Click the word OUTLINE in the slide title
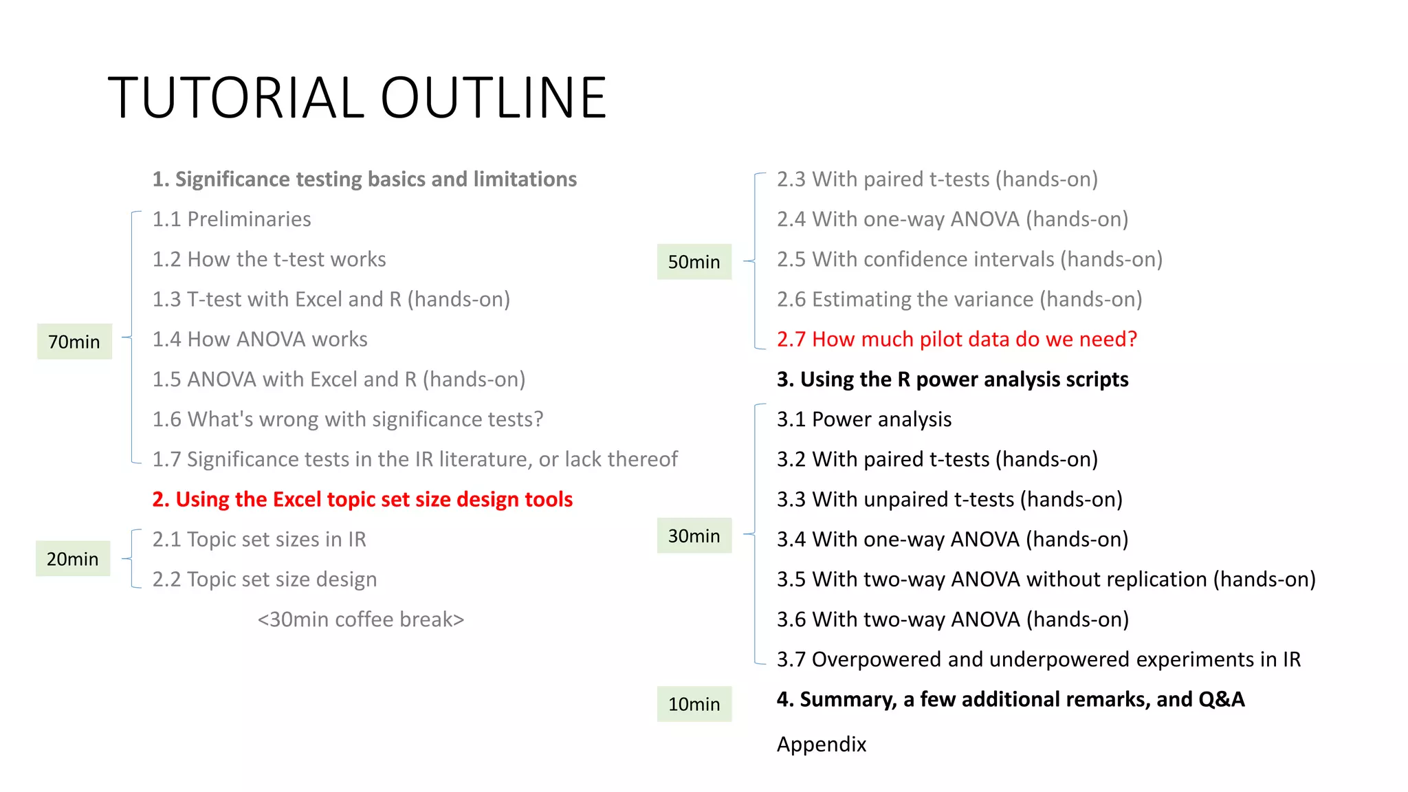pyautogui.click(x=493, y=98)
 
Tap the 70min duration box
pyautogui.click(x=74, y=342)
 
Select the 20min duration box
pyautogui.click(x=73, y=559)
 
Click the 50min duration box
pyautogui.click(x=694, y=262)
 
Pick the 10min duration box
pyautogui.click(x=694, y=704)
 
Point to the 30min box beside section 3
pyautogui.click(x=694, y=536)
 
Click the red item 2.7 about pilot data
pyautogui.click(x=956, y=339)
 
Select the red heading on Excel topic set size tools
pyautogui.click(x=362, y=499)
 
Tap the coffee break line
pyautogui.click(x=360, y=619)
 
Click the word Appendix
pyautogui.click(x=822, y=744)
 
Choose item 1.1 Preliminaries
pyautogui.click(x=232, y=219)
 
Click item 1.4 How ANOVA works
pyautogui.click(x=260, y=339)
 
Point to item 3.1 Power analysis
pyautogui.click(x=864, y=419)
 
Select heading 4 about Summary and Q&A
pyautogui.click(x=1010, y=699)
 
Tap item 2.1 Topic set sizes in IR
pyautogui.click(x=259, y=540)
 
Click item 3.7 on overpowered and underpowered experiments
pyautogui.click(x=1038, y=659)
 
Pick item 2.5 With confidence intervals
pyautogui.click(x=969, y=259)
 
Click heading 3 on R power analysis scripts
pyautogui.click(x=952, y=379)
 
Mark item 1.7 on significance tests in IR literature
pyautogui.click(x=415, y=459)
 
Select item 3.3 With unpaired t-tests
pyautogui.click(x=949, y=499)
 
